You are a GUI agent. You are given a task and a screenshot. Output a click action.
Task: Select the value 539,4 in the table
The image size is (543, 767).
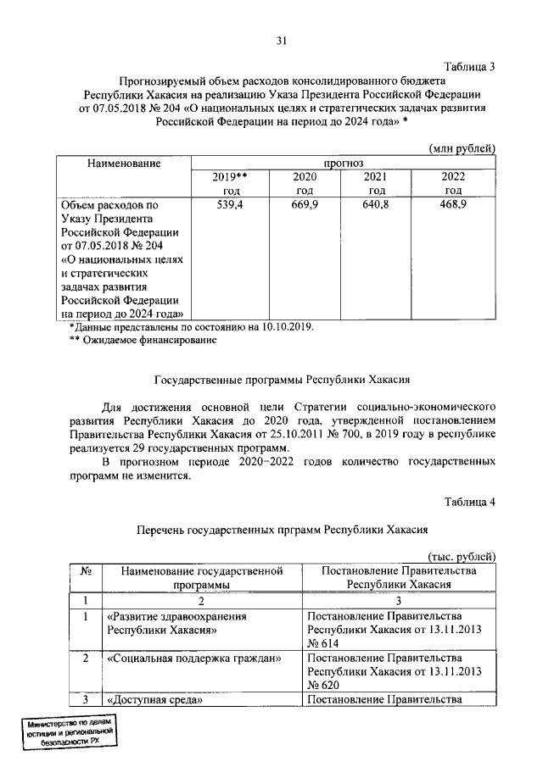(229, 205)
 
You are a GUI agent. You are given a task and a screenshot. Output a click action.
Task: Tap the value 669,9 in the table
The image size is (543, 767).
(303, 205)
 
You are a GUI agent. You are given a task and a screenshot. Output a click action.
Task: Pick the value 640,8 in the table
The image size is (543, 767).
(374, 205)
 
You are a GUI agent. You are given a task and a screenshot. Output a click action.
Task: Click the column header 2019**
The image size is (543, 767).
(229, 176)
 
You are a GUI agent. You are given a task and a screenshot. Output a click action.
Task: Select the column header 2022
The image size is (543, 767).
(453, 176)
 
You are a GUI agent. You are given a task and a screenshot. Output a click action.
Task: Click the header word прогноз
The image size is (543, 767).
(343, 161)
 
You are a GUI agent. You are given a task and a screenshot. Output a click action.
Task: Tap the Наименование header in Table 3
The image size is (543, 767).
(124, 161)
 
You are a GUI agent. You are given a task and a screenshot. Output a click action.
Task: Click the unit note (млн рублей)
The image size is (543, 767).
(462, 147)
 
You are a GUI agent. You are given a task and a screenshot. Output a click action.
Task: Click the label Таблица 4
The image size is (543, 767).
(470, 502)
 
